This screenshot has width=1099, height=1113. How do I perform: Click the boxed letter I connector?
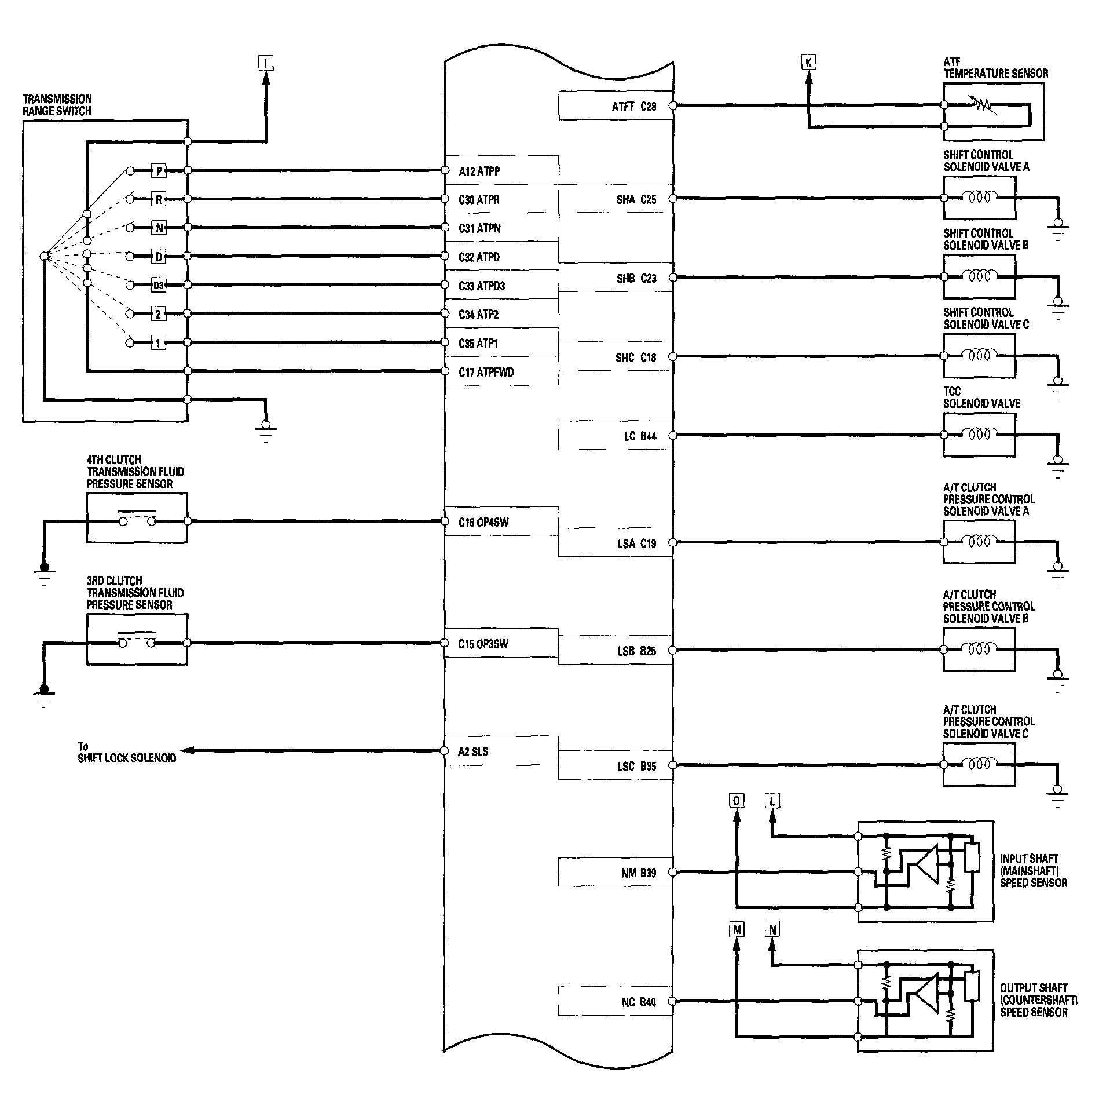[x=266, y=63]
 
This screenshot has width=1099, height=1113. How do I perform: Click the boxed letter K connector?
[x=809, y=62]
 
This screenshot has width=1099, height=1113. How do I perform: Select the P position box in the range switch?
[x=159, y=171]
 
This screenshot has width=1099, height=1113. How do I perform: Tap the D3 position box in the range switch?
[x=159, y=285]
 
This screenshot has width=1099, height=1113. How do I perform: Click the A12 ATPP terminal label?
[x=479, y=171]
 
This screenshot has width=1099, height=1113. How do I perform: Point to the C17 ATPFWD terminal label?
[x=486, y=372]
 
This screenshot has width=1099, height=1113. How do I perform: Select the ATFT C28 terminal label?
[x=634, y=107]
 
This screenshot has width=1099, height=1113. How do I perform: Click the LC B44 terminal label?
[x=640, y=436]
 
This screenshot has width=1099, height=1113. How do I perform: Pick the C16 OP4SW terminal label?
[x=483, y=523]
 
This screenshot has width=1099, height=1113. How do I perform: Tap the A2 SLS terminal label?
[x=473, y=751]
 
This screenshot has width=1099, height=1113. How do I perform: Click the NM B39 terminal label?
[x=639, y=873]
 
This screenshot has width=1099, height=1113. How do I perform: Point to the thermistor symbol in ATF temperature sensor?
[x=983, y=105]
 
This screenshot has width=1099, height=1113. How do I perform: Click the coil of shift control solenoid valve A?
[x=979, y=198]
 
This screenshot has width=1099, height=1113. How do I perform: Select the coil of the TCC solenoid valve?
[x=979, y=435]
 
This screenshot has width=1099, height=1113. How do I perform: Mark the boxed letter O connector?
[x=737, y=801]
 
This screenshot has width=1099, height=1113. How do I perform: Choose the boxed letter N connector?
[x=772, y=930]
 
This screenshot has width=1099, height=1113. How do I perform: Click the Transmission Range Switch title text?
[x=57, y=105]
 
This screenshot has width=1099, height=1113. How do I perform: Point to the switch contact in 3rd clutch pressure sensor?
[x=137, y=639]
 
